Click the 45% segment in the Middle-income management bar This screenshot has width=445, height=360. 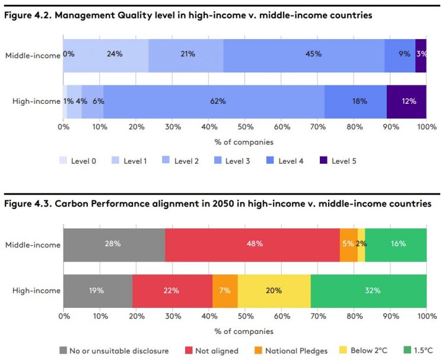(304, 55)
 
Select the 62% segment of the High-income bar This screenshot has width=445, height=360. (214, 101)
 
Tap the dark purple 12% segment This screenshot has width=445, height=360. (406, 101)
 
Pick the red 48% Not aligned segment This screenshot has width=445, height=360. (252, 244)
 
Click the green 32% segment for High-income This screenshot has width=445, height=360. (368, 291)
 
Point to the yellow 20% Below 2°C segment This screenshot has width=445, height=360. (274, 291)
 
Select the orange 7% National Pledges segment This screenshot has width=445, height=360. (225, 291)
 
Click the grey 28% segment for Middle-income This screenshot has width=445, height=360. (114, 244)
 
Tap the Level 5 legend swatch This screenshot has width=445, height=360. (324, 161)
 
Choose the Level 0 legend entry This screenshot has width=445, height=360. (78, 161)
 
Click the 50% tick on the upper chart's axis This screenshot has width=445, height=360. (245, 127)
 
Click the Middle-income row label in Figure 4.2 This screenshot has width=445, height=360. (33, 55)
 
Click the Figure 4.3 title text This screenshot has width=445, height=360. (218, 204)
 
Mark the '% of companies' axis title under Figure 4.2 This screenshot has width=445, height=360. (244, 142)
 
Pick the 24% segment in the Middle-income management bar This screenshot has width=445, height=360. (115, 55)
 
